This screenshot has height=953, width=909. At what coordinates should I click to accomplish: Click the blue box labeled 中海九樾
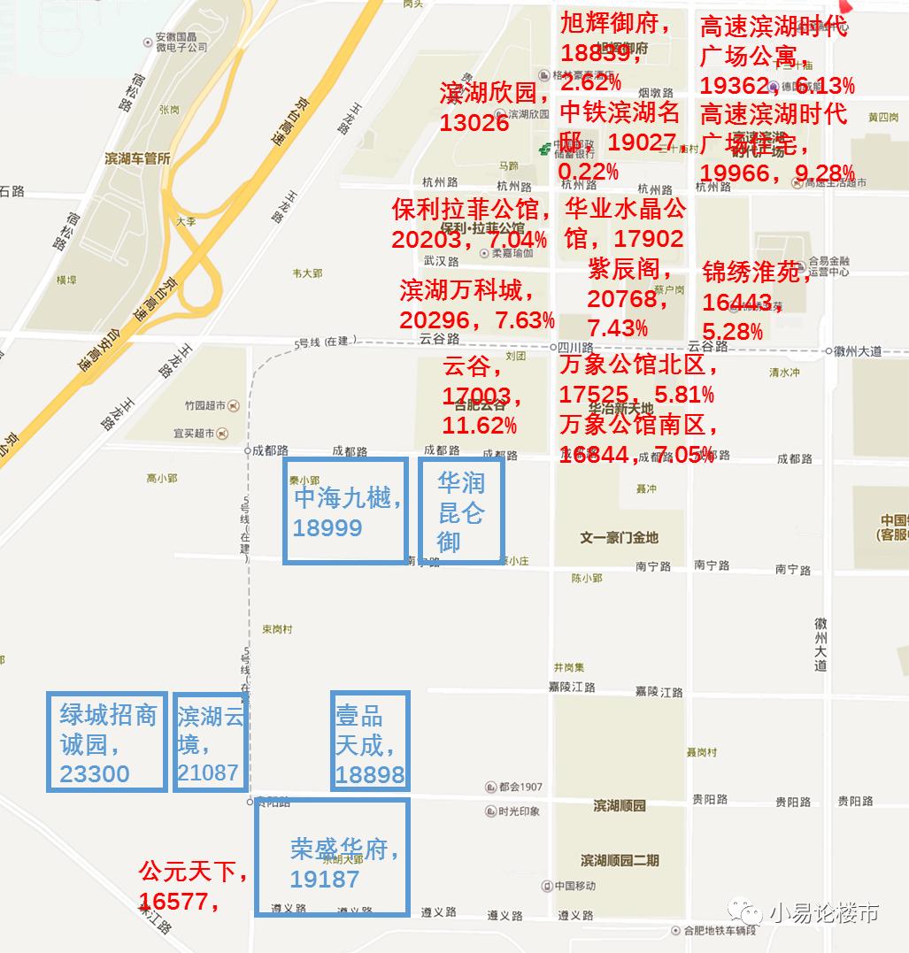tap(345, 511)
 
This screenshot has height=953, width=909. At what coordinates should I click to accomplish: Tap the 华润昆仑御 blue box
tap(460, 511)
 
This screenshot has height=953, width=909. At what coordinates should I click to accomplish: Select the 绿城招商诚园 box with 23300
tap(107, 742)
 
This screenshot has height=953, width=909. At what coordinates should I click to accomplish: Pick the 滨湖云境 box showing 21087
tap(210, 742)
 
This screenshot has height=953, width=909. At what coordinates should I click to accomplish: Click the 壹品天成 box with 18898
tap(370, 742)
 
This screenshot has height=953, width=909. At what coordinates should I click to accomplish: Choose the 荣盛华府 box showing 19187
tap(332, 857)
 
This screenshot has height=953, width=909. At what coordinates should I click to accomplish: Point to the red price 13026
tap(474, 123)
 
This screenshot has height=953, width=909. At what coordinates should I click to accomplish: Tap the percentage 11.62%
tap(479, 426)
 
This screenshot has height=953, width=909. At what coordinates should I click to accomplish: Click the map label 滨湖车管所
tap(137, 158)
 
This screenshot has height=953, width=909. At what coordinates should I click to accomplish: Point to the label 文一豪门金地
tap(619, 537)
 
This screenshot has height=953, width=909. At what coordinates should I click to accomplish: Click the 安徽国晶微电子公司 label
tap(181, 42)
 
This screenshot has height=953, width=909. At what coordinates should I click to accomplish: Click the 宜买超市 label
tap(195, 434)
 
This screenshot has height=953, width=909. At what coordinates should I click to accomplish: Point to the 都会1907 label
tap(520, 787)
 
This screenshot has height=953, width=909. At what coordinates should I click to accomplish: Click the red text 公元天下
tap(190, 872)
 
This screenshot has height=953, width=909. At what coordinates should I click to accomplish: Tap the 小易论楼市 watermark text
tap(824, 912)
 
